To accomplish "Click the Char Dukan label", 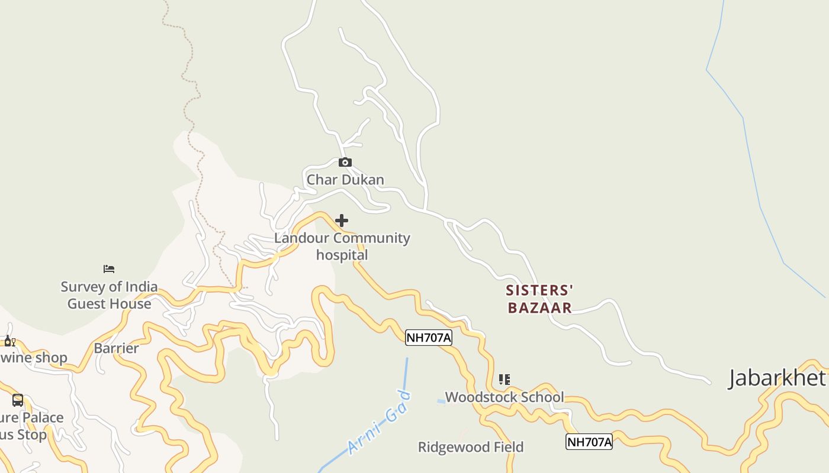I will point(345,180).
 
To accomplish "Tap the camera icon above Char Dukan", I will point(345,163).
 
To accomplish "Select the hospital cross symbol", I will point(342,221).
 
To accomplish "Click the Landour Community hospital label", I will point(342,247).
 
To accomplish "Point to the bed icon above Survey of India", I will point(109,269).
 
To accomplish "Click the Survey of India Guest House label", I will point(109,295).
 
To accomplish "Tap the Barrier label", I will point(116,348).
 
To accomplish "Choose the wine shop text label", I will point(34,358).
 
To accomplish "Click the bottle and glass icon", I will point(9,341).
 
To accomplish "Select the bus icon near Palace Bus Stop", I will point(18,400).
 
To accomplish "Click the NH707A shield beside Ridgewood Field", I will point(589,442).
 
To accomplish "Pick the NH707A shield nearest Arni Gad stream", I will point(429,338).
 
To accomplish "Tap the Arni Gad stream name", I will point(380,422).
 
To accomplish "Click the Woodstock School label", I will point(505,397).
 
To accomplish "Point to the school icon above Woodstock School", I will point(504,380).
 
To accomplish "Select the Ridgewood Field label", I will point(471,447).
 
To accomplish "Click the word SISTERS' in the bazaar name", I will point(539,290).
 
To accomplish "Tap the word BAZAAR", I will point(539,307).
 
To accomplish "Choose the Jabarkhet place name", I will point(777,378).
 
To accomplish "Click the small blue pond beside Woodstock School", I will point(441,401).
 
